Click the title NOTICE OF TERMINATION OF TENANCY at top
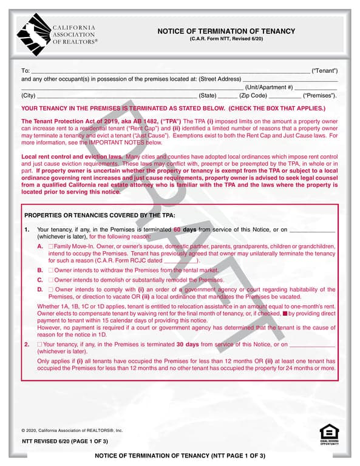coord(226,32)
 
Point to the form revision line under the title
coord(226,39)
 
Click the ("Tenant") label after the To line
coord(324,72)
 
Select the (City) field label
coord(29,96)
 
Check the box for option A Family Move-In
coord(51,246)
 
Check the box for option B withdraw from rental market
coord(51,269)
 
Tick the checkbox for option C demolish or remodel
coord(51,280)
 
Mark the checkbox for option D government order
coord(51,290)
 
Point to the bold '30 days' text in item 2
coord(188,344)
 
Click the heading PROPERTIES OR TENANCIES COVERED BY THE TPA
coord(100,215)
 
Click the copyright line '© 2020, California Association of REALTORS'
coord(72,430)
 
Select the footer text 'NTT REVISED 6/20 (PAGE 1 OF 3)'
coord(65,441)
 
